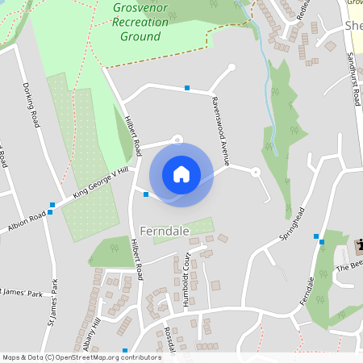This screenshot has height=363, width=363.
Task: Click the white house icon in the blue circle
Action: pyautogui.click(x=181, y=173)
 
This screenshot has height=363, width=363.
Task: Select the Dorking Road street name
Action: pyautogui.click(x=32, y=104)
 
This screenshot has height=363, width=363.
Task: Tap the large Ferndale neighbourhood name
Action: pyautogui.click(x=165, y=231)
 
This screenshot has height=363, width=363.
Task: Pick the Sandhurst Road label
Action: pyautogui.click(x=353, y=81)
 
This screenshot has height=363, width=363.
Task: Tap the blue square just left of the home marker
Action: pyautogui.click(x=145, y=194)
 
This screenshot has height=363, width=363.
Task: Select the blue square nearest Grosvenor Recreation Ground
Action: pyautogui.click(x=187, y=87)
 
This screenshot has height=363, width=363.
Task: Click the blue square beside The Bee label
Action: pyautogui.click(x=321, y=240)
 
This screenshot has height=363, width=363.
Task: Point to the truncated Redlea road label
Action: pyautogui.click(x=303, y=10)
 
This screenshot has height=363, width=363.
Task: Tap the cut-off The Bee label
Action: pyautogui.click(x=350, y=265)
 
